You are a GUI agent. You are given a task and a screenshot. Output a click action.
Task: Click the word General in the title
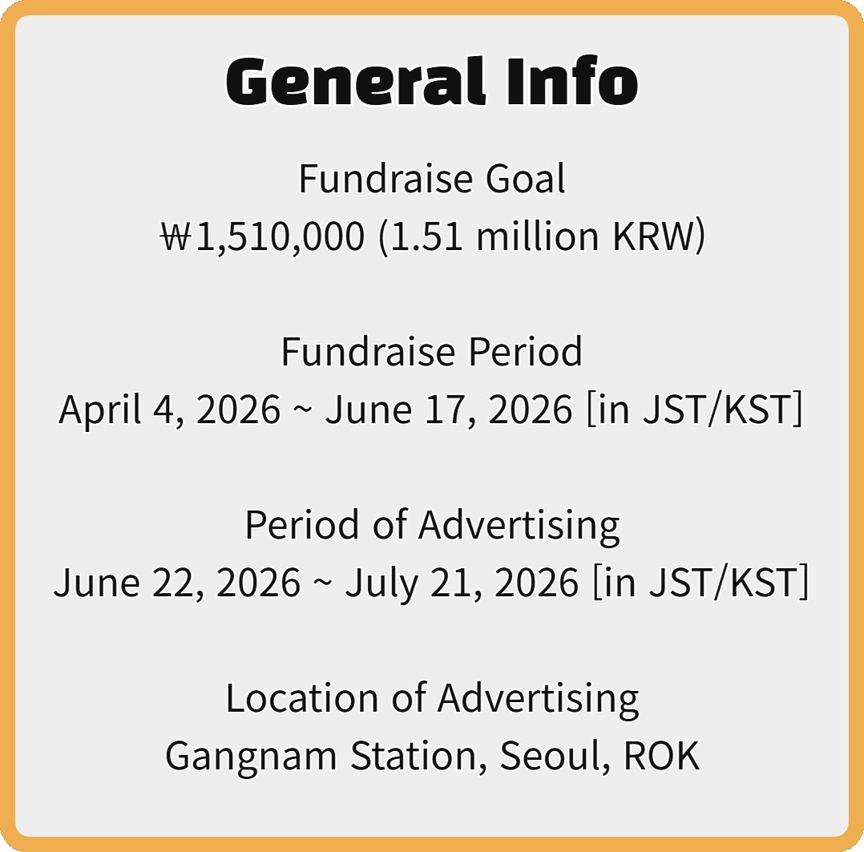(x=353, y=81)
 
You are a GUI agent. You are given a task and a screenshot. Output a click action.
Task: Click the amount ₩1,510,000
(x=262, y=237)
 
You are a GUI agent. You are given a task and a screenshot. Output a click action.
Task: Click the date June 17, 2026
(x=449, y=410)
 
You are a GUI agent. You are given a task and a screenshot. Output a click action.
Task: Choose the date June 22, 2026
(x=177, y=583)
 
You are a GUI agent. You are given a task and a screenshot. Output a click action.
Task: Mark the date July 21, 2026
(x=462, y=583)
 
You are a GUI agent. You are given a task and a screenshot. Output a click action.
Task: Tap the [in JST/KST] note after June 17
(x=695, y=410)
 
